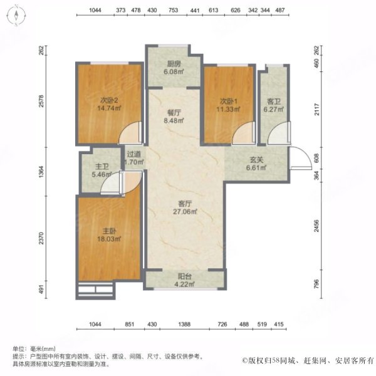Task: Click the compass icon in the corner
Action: (x=16, y=16)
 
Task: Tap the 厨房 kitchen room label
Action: (x=174, y=64)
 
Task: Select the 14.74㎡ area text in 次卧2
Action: (x=109, y=108)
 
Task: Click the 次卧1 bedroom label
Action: (x=229, y=102)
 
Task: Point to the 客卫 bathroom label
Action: (x=274, y=102)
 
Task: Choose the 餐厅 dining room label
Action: (x=174, y=113)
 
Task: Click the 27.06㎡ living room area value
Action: (x=185, y=212)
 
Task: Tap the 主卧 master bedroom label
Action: (x=109, y=231)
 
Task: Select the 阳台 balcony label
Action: (x=185, y=276)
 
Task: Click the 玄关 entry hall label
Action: (x=256, y=160)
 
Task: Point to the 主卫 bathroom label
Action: (x=102, y=167)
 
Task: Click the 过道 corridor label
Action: (x=133, y=154)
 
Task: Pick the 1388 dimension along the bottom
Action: (x=184, y=324)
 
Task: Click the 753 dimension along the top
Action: (x=173, y=10)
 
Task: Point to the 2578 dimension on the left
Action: (x=41, y=101)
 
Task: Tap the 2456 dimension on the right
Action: (x=316, y=226)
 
